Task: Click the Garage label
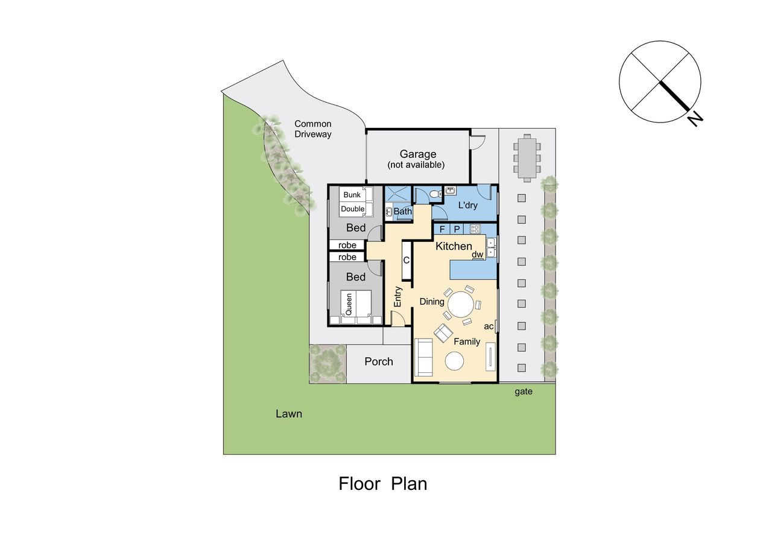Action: [418, 154]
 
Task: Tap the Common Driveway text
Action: [313, 129]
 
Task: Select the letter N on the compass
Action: [694, 119]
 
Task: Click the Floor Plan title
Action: [382, 484]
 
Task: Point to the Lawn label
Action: [289, 414]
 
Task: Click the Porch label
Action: [379, 361]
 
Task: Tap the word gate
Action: [524, 392]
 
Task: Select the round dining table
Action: [460, 304]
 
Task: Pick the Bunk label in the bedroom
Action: [352, 195]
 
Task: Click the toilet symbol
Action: [435, 194]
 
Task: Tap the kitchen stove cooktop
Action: [475, 229]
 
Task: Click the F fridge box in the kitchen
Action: [442, 229]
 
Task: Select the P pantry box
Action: [457, 229]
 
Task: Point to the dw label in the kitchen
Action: [478, 255]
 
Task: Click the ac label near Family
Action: [489, 326]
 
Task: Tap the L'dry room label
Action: [467, 205]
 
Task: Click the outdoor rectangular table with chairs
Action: [527, 158]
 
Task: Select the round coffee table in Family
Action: [454, 361]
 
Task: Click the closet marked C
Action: [407, 260]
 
